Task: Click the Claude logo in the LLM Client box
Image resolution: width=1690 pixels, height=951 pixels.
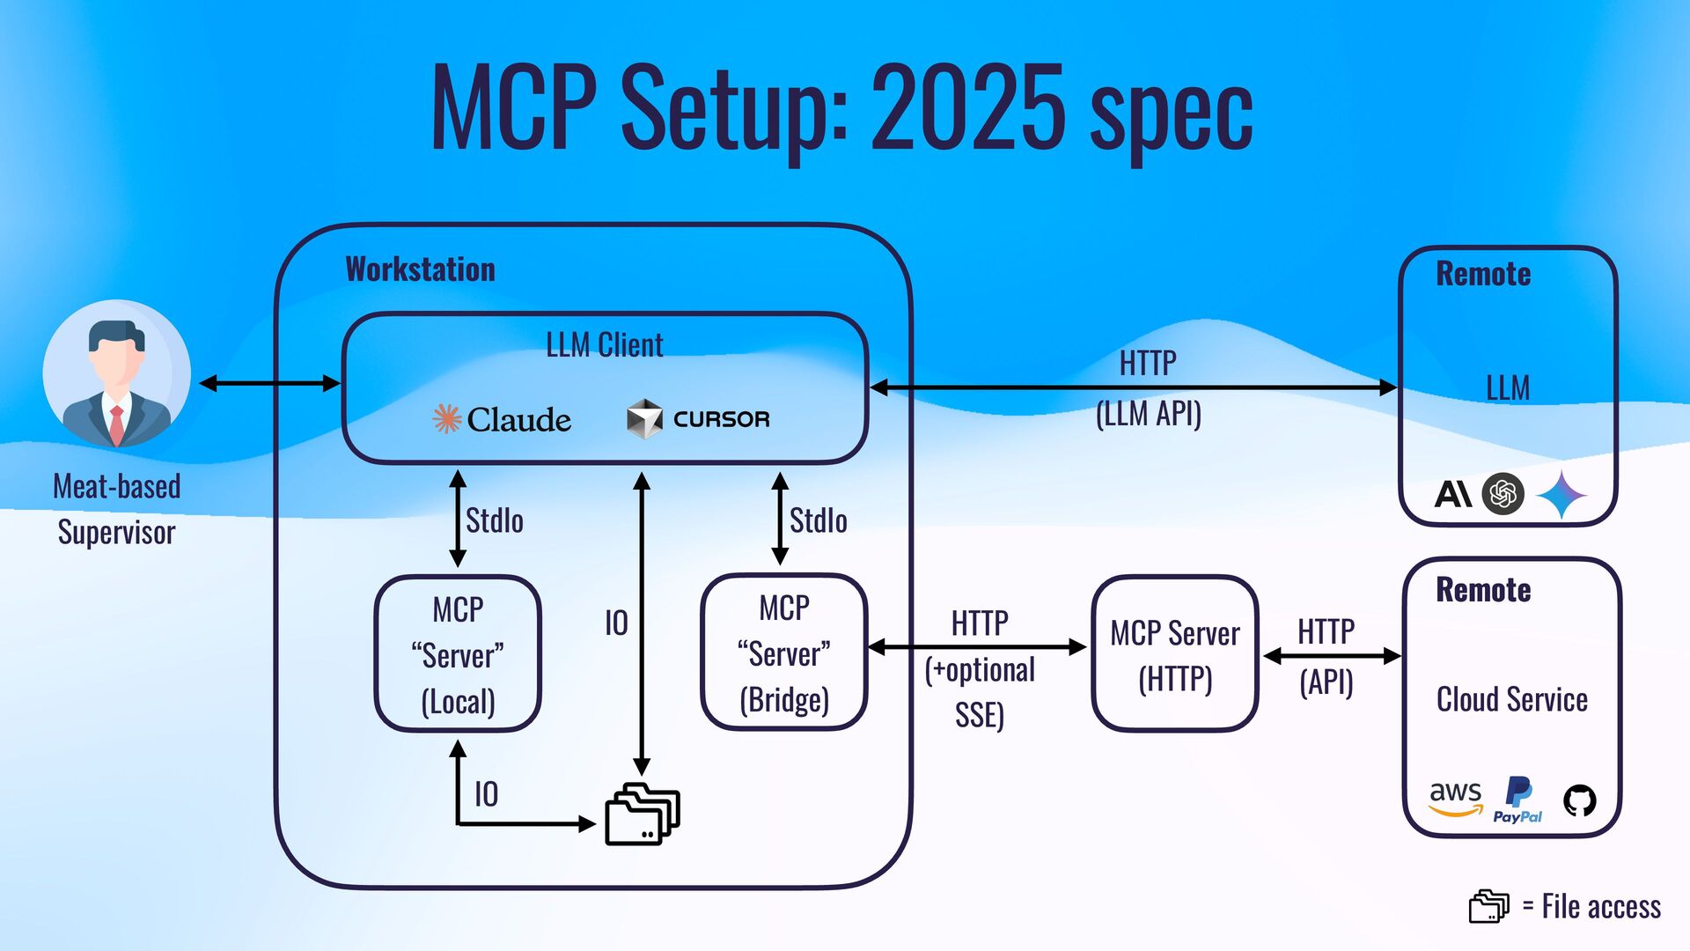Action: [502, 419]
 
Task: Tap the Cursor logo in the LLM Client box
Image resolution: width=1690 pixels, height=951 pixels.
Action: [698, 419]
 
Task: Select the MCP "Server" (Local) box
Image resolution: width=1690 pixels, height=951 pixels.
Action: [458, 654]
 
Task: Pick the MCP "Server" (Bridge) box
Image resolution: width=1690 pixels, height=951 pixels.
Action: [784, 652]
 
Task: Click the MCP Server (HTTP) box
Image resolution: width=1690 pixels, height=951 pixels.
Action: [1175, 654]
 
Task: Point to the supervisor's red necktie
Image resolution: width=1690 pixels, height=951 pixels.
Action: [116, 424]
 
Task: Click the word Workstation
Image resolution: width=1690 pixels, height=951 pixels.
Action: [420, 269]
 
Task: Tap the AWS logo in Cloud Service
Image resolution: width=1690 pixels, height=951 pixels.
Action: [1455, 798]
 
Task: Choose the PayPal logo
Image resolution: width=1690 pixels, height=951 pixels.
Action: [1517, 800]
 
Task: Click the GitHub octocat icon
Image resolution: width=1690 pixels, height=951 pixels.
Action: [1579, 800]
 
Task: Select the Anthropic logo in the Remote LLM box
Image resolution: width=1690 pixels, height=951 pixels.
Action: [1452, 494]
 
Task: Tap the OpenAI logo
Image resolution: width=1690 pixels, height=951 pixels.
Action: [1503, 493]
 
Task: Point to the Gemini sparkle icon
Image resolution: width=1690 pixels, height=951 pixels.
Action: [1561, 494]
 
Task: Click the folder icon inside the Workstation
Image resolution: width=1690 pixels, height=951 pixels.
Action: [643, 814]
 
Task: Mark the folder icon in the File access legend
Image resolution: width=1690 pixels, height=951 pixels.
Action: [1488, 906]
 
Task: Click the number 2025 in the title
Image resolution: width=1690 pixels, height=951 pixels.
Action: [968, 107]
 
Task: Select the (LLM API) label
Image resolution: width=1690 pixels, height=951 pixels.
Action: [1148, 413]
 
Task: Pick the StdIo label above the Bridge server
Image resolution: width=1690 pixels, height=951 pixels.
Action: [818, 520]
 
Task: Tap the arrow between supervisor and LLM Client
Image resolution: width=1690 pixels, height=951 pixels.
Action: [269, 383]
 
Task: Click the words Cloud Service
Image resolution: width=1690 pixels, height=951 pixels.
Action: [1511, 699]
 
